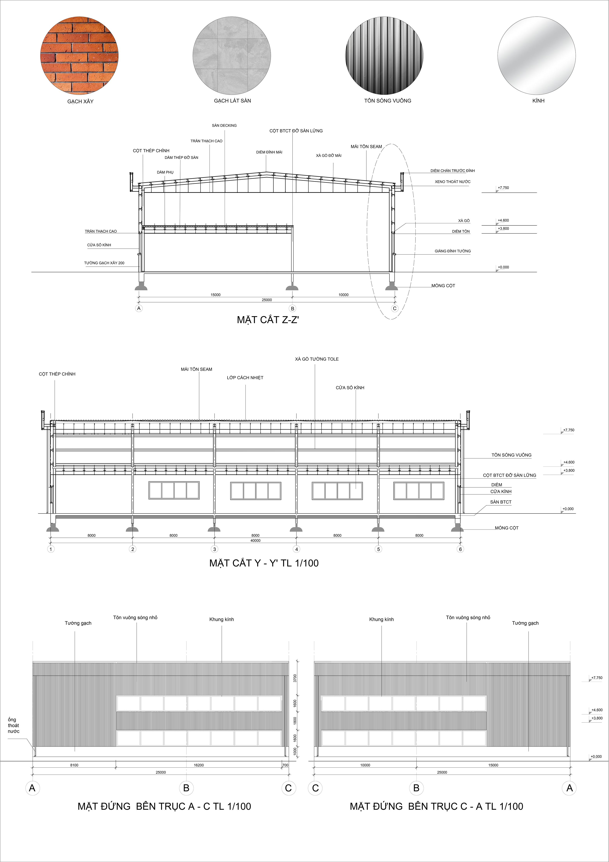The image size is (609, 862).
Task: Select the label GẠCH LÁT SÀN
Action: (x=232, y=101)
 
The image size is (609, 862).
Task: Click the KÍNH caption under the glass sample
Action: (x=538, y=101)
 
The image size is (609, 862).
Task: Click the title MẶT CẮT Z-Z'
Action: (x=268, y=320)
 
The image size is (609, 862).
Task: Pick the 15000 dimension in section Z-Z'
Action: (x=215, y=295)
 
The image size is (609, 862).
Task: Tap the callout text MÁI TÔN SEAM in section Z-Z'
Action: (x=366, y=146)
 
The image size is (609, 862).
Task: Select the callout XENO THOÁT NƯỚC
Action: (x=453, y=182)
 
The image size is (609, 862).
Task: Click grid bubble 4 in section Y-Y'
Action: (x=296, y=549)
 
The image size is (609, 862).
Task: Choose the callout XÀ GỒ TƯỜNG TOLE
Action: (x=317, y=359)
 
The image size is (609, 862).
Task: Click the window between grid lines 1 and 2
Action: (x=174, y=490)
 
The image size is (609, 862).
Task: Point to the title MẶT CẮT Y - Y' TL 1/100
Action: (x=264, y=563)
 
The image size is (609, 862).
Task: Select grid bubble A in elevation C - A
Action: (x=569, y=788)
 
